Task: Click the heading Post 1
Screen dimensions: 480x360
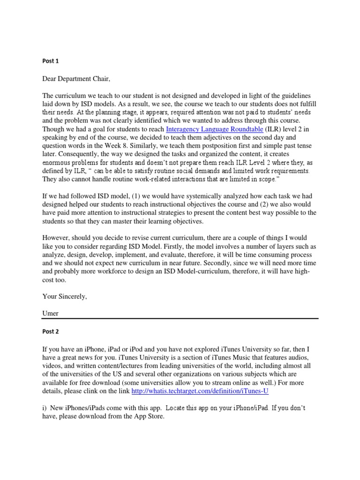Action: coord(50,61)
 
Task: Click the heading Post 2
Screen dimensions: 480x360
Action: coord(51,331)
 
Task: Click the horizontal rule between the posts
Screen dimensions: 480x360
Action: coord(180,319)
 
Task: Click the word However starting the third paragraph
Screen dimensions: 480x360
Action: coord(58,238)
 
